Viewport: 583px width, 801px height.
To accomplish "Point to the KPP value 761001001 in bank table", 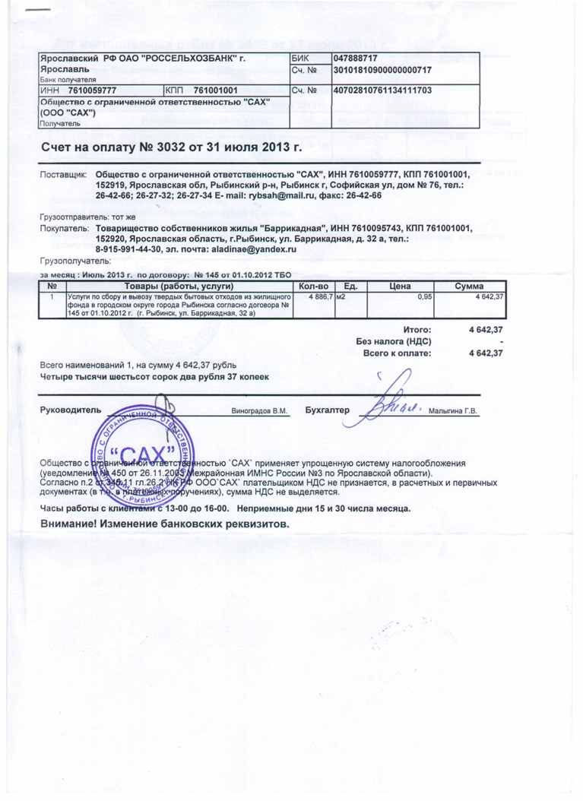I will coord(216,90).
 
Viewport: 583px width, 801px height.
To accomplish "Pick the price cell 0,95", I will coord(425,296).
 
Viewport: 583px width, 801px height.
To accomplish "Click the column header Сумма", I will coord(470,284).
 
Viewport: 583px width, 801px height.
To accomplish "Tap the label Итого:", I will coord(417,329).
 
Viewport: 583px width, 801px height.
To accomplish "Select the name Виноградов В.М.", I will coord(259,411).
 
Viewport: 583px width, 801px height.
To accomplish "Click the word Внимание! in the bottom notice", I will coord(72,524).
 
